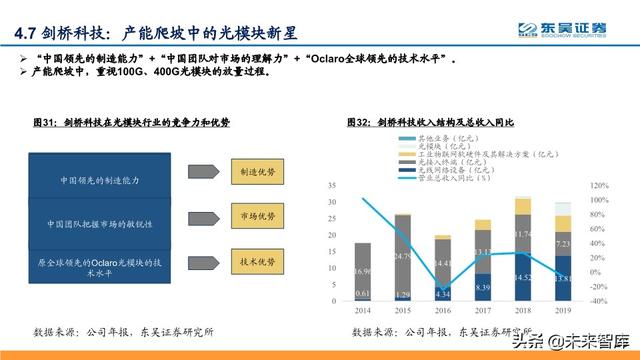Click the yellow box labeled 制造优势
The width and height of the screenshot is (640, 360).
tap(257, 170)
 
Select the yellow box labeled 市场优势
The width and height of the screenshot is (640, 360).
tap(257, 216)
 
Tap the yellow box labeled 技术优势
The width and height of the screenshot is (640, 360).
tap(257, 262)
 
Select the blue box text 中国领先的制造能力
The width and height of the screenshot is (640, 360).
tap(112, 180)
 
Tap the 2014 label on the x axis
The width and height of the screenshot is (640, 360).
tap(362, 312)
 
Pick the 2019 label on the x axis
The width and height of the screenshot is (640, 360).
tap(562, 312)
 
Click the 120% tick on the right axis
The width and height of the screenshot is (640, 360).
tap(600, 186)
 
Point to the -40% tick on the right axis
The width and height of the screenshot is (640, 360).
tap(600, 300)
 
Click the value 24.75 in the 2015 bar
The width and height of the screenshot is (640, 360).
tap(402, 257)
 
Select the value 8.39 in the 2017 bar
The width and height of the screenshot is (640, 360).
tap(482, 289)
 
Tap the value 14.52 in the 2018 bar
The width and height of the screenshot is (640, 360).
tap(522, 277)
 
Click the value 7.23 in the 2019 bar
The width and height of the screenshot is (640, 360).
tap(562, 244)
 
